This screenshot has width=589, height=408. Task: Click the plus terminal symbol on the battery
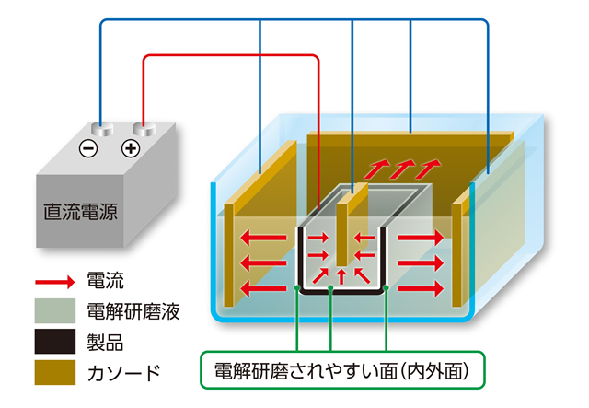131,147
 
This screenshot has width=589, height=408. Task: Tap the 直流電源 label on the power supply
81,211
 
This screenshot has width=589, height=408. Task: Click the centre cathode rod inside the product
341,230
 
